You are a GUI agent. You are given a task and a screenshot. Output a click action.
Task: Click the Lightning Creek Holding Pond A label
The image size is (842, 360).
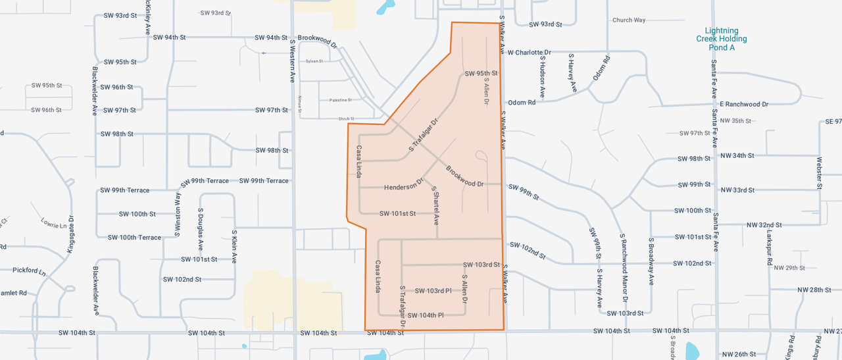[722, 39]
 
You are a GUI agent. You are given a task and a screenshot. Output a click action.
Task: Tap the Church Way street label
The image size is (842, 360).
[629, 20]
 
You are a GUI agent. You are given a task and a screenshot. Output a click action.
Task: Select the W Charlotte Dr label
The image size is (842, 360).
[530, 52]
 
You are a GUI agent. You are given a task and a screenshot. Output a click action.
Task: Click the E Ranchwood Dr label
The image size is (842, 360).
[744, 104]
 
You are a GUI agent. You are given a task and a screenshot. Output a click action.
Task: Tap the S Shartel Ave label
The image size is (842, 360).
[435, 205]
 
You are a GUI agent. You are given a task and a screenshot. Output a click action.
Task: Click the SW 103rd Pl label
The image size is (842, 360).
[433, 291]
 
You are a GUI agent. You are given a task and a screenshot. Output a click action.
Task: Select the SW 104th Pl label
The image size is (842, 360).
[426, 315]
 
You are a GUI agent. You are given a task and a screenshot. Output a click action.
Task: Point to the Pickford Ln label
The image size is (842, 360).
[29, 270]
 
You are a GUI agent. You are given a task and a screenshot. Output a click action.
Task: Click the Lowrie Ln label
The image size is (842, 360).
[54, 224]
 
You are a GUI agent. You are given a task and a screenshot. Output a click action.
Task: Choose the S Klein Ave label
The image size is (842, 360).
[234, 246]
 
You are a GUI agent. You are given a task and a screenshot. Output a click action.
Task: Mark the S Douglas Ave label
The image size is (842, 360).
[201, 230]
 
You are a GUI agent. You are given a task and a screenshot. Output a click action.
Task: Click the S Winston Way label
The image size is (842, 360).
[178, 213]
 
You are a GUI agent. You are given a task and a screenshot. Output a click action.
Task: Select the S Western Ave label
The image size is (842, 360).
[293, 61]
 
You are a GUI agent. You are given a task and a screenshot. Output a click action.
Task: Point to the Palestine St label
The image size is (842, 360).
[340, 100]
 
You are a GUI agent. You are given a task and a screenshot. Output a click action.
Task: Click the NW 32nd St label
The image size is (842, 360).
[764, 225]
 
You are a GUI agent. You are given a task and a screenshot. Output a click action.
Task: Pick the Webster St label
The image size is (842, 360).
[820, 172]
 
